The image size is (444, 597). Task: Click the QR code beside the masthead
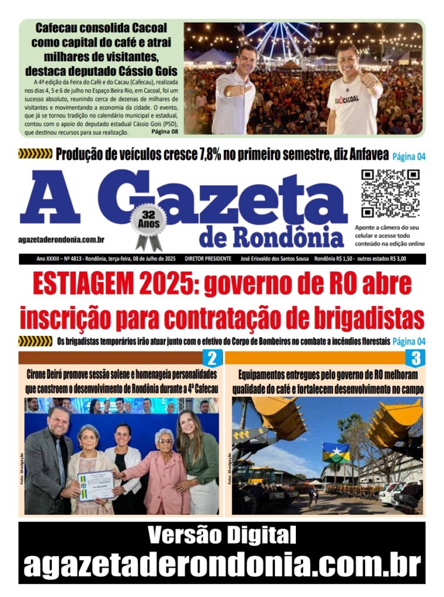point(390,193)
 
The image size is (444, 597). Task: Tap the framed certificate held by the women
point(96,485)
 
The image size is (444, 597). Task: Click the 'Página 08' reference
point(165,132)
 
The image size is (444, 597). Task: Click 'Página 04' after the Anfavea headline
point(409,156)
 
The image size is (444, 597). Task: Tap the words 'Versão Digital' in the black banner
point(222,535)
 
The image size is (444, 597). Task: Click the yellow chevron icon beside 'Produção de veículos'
point(35,154)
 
